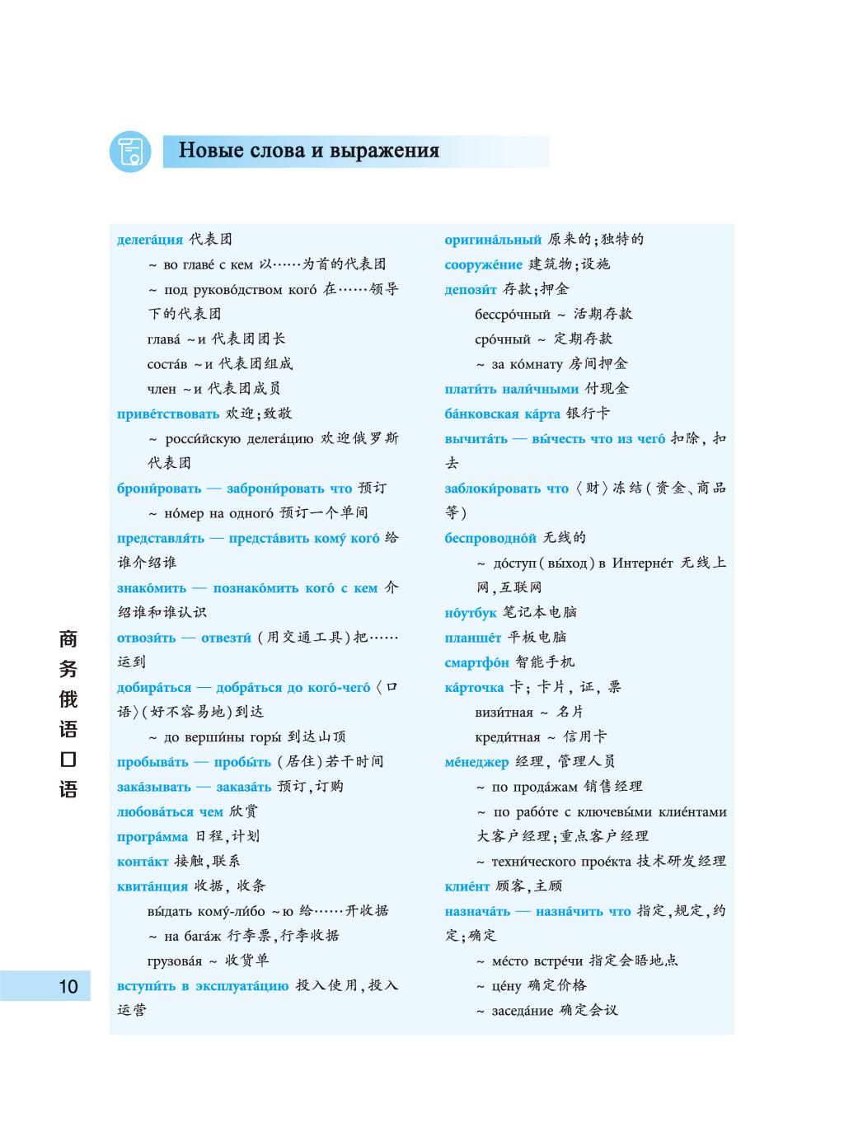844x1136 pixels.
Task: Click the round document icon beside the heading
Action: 130,152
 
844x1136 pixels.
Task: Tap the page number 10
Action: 68,986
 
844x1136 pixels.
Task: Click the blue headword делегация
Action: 150,240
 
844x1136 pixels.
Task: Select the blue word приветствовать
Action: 168,414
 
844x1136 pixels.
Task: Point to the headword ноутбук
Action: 471,613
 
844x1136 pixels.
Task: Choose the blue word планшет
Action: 472,638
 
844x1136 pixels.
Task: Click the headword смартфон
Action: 476,662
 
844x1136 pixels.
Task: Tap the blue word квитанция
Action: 152,886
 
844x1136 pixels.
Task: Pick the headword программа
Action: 152,836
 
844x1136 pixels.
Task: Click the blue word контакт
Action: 143,862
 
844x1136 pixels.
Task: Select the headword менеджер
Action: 476,762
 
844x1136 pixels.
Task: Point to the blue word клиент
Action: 467,886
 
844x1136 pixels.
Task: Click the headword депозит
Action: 471,289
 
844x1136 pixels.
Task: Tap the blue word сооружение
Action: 483,264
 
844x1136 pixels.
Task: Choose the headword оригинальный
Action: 493,240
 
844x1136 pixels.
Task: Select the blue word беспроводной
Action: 490,538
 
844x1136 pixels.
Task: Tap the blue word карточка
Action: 474,688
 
